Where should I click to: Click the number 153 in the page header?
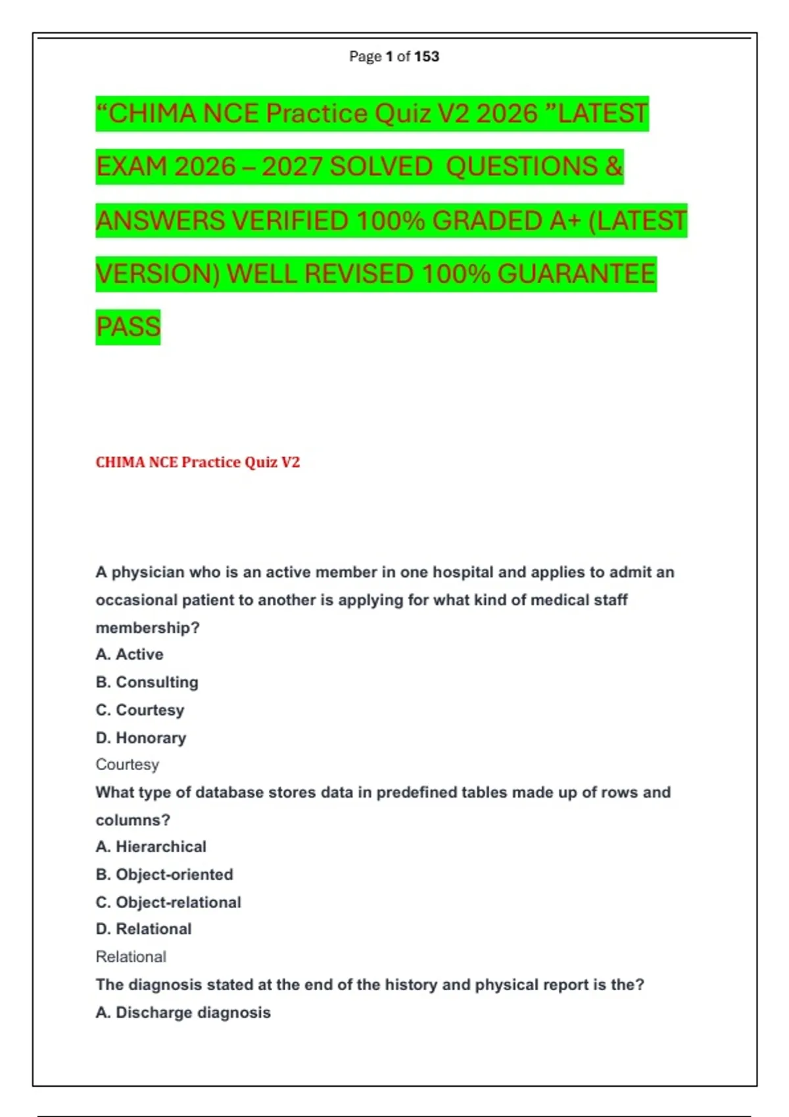pyautogui.click(x=427, y=57)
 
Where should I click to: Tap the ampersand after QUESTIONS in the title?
pyautogui.click(x=613, y=167)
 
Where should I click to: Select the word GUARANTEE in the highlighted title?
pyautogui.click(x=577, y=274)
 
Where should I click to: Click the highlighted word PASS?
pyautogui.click(x=128, y=327)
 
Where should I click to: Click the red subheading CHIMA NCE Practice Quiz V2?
pyautogui.click(x=197, y=463)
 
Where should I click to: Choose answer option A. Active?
pyautogui.click(x=130, y=654)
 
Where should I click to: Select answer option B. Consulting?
pyautogui.click(x=147, y=682)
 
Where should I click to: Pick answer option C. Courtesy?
pyautogui.click(x=140, y=710)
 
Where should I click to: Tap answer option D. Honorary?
pyautogui.click(x=141, y=738)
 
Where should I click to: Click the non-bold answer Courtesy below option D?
pyautogui.click(x=128, y=765)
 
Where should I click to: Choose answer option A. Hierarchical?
pyautogui.click(x=151, y=847)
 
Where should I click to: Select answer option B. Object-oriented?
pyautogui.click(x=164, y=875)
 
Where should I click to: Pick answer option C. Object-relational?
pyautogui.click(x=168, y=902)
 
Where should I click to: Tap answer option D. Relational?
pyautogui.click(x=143, y=929)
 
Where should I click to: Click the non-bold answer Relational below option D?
pyautogui.click(x=131, y=957)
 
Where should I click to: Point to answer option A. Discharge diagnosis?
pyautogui.click(x=183, y=1013)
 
